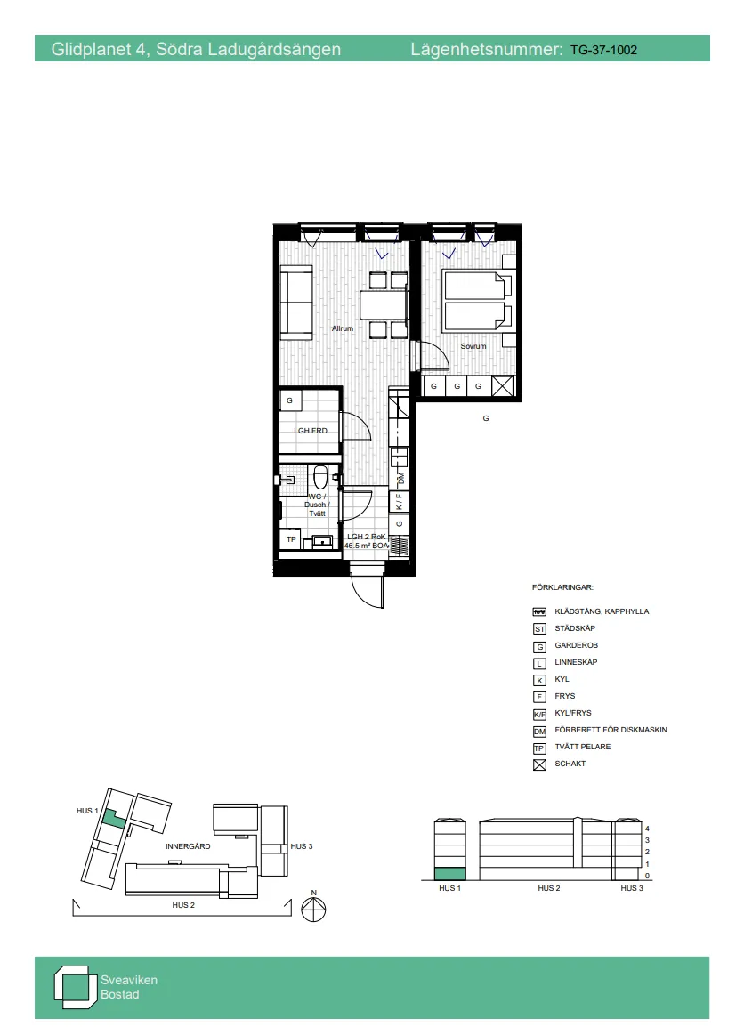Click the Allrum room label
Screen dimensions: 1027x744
click(343, 328)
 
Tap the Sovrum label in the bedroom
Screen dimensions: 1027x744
click(473, 345)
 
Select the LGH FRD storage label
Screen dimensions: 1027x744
click(311, 431)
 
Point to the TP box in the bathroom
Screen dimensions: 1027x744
click(291, 539)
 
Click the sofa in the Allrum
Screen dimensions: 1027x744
click(295, 302)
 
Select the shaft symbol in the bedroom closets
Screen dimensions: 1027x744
click(503, 387)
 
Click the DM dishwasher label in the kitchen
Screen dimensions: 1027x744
click(400, 479)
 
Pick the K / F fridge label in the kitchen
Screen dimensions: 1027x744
click(400, 502)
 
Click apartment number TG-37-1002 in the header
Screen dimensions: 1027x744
click(603, 50)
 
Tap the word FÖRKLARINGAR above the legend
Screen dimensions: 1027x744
click(562, 588)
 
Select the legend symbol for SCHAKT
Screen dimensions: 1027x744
click(538, 764)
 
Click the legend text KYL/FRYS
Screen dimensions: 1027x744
click(573, 713)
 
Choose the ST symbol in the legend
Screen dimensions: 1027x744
click(538, 629)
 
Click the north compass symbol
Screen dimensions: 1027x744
click(314, 910)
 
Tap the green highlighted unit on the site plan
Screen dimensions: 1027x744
click(111, 818)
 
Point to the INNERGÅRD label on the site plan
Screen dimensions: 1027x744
click(188, 846)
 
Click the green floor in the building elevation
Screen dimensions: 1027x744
click(449, 875)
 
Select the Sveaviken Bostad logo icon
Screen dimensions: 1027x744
click(74, 986)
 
